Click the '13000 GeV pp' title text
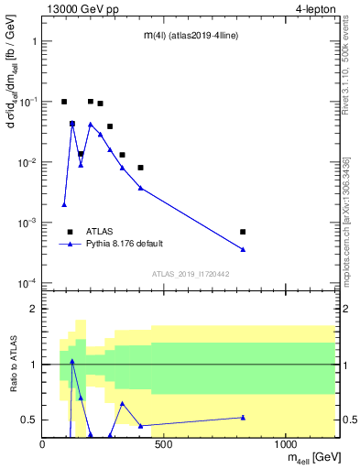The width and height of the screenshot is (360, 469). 81,9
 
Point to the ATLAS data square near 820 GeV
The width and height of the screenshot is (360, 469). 243,232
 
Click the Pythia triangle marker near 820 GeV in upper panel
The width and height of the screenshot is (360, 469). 243,249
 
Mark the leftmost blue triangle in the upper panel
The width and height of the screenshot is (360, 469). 64,204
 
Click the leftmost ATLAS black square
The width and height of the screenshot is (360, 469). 64,102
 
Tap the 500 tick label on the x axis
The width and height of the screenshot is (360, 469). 164,445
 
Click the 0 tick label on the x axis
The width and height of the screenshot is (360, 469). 43,445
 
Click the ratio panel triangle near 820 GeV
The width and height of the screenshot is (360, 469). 243,417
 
